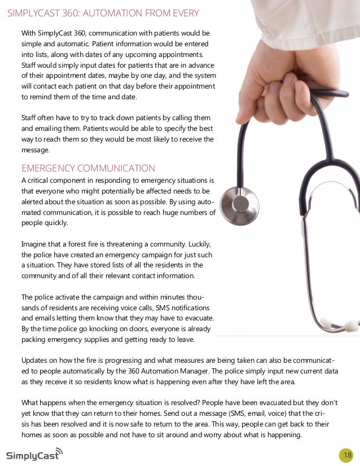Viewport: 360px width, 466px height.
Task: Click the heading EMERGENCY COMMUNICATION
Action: click(x=88, y=168)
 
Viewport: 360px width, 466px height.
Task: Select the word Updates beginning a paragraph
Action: click(x=35, y=361)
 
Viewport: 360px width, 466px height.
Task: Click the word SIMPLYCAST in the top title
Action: click(x=34, y=13)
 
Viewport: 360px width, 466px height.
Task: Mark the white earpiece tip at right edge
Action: click(x=351, y=326)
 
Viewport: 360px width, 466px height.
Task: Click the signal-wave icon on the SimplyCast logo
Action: click(x=60, y=451)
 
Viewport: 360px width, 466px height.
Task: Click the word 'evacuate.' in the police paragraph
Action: click(x=199, y=318)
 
